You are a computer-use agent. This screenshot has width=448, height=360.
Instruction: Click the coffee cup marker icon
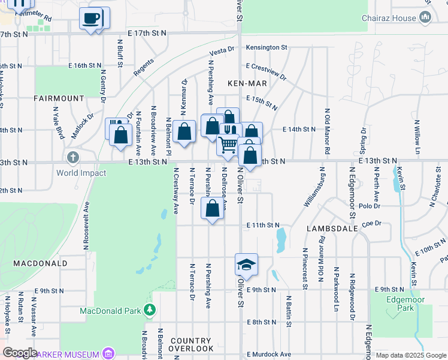click(91, 19)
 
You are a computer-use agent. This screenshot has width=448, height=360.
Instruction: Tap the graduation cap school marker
click(246, 264)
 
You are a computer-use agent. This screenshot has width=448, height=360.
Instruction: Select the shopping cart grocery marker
click(228, 145)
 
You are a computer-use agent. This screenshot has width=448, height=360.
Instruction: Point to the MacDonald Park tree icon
click(149, 310)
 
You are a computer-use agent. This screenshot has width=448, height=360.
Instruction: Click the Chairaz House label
click(389, 18)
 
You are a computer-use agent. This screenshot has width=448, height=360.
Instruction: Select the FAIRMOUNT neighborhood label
click(59, 98)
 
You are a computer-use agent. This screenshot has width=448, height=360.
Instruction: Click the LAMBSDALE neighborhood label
click(332, 229)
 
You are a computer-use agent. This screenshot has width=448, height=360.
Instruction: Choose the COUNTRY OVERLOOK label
click(192, 344)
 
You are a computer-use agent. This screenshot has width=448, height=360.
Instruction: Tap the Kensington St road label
click(267, 47)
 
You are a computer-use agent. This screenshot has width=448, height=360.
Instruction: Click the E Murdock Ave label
click(268, 355)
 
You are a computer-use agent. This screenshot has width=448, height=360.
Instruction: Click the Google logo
click(20, 353)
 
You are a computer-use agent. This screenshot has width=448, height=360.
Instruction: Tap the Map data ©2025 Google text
click(411, 355)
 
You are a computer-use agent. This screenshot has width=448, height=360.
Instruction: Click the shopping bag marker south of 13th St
click(213, 209)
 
